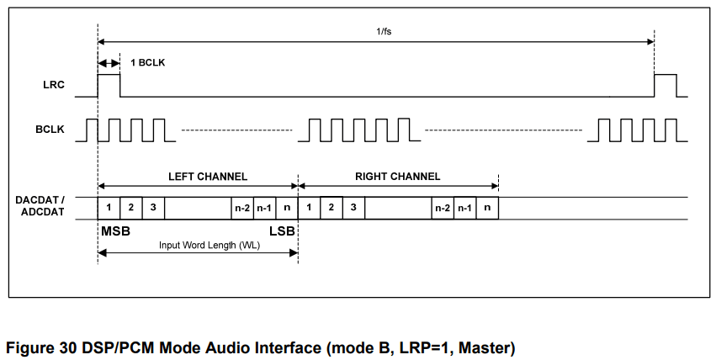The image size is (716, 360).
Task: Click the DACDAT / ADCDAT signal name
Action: [40, 206]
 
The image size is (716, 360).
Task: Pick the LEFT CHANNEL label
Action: [198, 177]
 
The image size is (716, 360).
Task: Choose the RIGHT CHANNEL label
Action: [398, 177]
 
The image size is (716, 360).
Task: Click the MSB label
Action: [115, 230]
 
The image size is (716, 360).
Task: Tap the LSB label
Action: [282, 230]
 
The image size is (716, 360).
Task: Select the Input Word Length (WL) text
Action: [198, 246]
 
